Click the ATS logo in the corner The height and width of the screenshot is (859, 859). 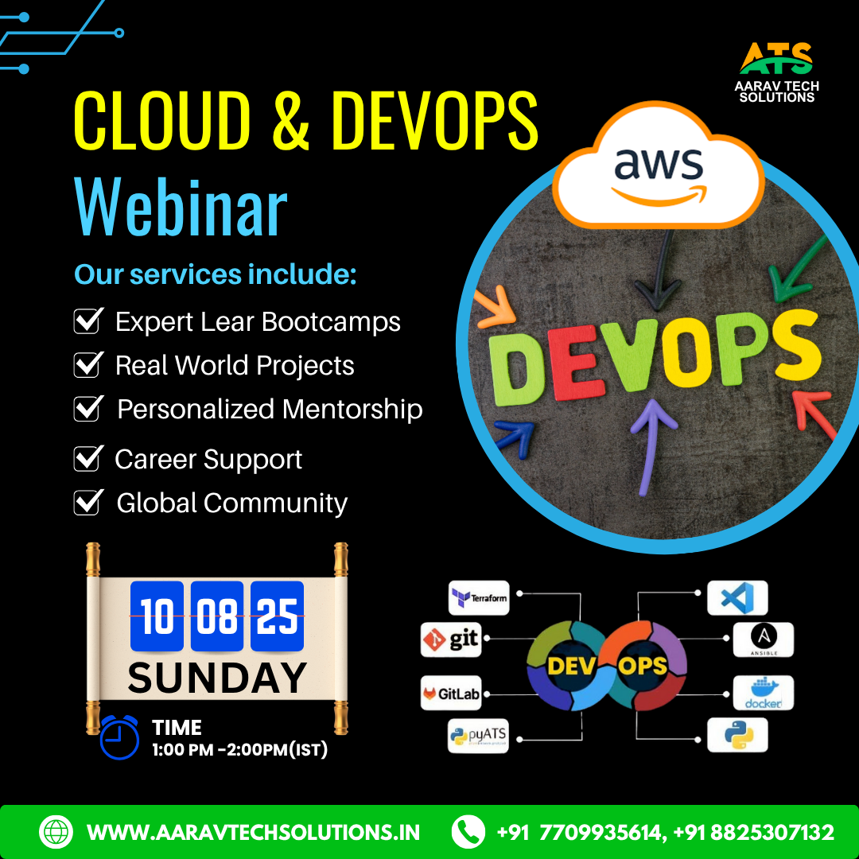click(x=776, y=72)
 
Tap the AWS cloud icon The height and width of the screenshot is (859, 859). click(x=658, y=165)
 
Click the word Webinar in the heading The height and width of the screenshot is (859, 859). click(x=181, y=207)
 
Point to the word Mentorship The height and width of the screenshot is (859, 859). click(x=352, y=410)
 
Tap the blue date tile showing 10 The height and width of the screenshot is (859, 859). click(x=157, y=616)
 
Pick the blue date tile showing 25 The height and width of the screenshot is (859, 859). click(x=278, y=616)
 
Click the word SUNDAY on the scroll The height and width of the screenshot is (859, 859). click(x=217, y=678)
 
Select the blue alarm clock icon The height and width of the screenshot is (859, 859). click(x=119, y=737)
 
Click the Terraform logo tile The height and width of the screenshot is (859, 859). click(x=479, y=597)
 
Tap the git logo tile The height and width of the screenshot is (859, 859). click(x=451, y=639)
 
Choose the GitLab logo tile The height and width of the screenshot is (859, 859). click(x=451, y=693)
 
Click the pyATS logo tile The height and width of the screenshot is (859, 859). click(x=478, y=735)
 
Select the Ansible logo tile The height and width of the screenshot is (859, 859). click(x=763, y=639)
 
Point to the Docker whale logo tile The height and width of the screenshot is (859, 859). click(x=763, y=693)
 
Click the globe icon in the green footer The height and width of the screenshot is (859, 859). click(x=56, y=832)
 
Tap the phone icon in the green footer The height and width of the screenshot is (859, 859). click(x=468, y=832)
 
